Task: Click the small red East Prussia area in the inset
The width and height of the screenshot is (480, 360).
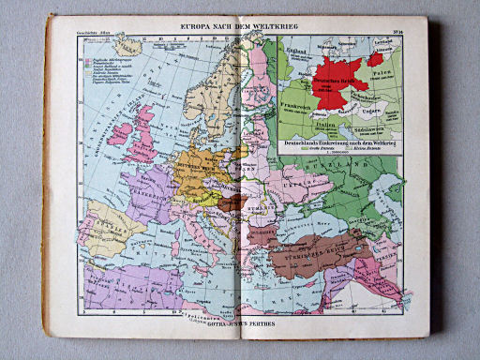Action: [375, 58]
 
